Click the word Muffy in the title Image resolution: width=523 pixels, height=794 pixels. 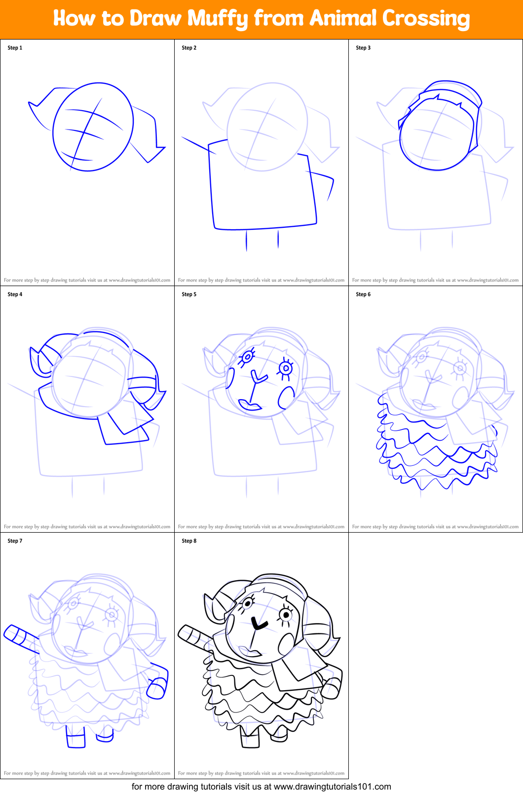(217, 19)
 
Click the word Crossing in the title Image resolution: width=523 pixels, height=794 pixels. (426, 19)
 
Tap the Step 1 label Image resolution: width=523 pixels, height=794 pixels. (15, 48)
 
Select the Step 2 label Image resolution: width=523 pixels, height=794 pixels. (189, 48)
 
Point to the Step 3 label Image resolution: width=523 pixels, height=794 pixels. (363, 48)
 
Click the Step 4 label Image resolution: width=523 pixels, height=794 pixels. (15, 294)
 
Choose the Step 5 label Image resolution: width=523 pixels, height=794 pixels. (189, 294)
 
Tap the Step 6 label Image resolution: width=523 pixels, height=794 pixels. (363, 294)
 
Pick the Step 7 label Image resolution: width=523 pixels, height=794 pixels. (15, 541)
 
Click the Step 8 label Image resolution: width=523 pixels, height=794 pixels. (189, 541)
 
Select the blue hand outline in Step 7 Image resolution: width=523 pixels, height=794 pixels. (158, 688)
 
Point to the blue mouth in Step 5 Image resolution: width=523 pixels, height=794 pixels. (250, 405)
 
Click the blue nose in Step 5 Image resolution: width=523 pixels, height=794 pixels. (259, 378)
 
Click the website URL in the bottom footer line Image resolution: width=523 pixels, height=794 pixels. (332, 787)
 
